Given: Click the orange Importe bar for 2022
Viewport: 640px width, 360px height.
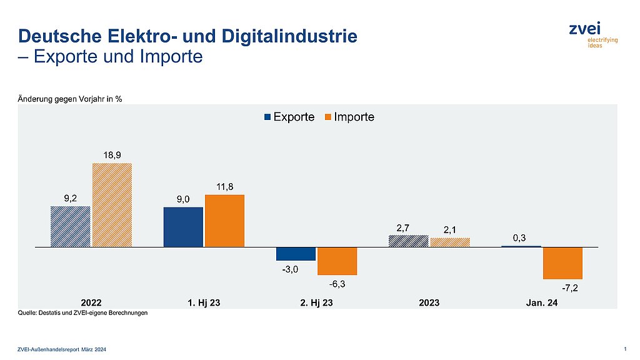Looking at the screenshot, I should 112,205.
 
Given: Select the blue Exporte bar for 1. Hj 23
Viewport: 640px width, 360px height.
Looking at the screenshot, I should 183,227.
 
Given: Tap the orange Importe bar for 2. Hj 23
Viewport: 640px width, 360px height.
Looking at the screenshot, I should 337,261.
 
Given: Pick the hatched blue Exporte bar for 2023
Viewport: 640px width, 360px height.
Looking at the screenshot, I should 408,241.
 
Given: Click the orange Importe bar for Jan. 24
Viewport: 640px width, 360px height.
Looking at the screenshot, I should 562,262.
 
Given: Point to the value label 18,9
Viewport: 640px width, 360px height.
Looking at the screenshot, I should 112,154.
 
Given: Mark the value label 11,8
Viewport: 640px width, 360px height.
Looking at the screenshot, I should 224,186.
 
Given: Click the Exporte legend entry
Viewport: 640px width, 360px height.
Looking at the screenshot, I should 290,117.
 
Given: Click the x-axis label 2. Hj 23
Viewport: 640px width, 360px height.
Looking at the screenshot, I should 316,302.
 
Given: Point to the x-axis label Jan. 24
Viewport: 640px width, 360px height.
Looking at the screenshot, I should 541,302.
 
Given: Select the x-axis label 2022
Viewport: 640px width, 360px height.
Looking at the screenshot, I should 91,302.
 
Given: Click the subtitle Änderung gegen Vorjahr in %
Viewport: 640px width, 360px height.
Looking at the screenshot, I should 69,98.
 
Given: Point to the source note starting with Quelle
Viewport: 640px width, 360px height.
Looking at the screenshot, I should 82,314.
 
